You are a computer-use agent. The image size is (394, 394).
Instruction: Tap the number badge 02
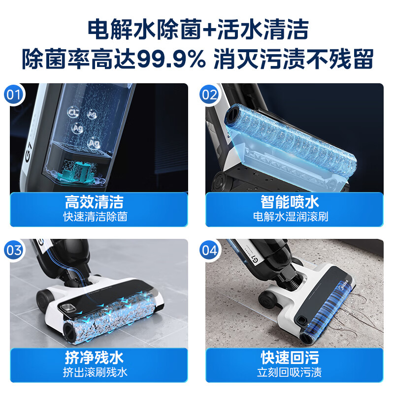[210, 94]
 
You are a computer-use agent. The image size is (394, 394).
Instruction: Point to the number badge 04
[210, 250]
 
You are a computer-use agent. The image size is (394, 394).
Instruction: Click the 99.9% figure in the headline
[171, 60]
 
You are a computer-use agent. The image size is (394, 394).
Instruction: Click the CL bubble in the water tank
[74, 112]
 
